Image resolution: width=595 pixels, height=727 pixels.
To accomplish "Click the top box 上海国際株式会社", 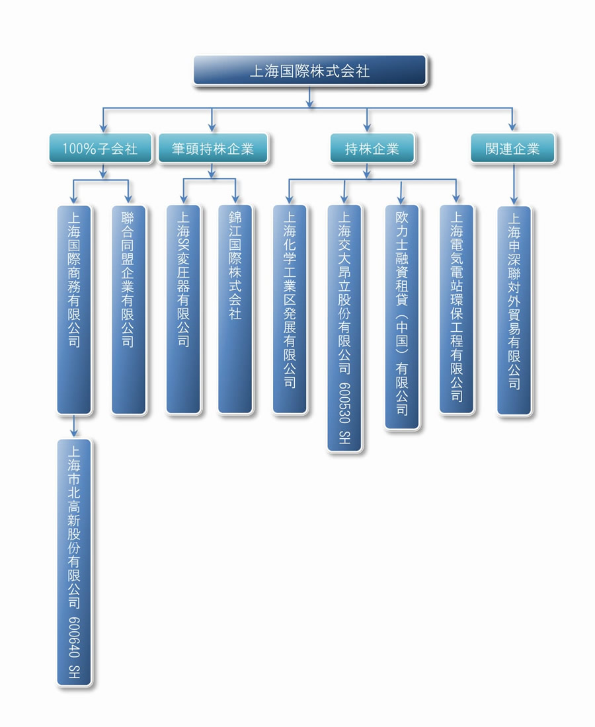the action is click(x=309, y=71).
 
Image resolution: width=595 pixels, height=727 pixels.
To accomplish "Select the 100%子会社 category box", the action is click(x=100, y=148).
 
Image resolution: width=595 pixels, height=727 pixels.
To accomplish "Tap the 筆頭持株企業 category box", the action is click(x=213, y=148).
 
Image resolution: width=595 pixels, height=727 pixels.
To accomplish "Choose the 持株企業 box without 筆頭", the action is click(x=372, y=148).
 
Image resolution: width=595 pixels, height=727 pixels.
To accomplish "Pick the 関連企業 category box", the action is click(x=512, y=148).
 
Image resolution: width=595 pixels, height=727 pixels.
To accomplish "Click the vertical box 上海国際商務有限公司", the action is click(x=74, y=309).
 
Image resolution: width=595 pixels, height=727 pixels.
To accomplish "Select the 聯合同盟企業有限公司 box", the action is click(x=128, y=309).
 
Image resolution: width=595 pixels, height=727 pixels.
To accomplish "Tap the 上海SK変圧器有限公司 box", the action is click(x=184, y=309).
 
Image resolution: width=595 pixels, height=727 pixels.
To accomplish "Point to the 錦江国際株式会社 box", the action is click(x=235, y=309).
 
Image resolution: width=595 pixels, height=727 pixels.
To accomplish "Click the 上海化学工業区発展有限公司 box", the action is click(x=290, y=309).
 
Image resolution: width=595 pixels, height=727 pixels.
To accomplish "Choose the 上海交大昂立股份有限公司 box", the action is click(x=344, y=328).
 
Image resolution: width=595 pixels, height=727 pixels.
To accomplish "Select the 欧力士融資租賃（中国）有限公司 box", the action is click(x=402, y=317).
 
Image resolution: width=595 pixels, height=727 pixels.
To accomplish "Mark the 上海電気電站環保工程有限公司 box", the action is click(x=457, y=309).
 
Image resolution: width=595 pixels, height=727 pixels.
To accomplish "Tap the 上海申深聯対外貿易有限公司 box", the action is click(x=514, y=310).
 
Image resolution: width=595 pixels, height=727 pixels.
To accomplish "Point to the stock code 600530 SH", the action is click(x=344, y=413).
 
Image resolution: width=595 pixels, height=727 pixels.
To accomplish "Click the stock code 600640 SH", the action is click(x=74, y=647).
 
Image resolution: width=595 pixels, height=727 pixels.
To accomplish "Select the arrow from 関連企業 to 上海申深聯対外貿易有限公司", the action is click(x=514, y=184).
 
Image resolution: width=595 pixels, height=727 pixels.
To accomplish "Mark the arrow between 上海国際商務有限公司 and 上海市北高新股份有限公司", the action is click(x=74, y=426).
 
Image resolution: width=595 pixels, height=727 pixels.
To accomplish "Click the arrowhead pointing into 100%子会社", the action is click(x=103, y=128).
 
